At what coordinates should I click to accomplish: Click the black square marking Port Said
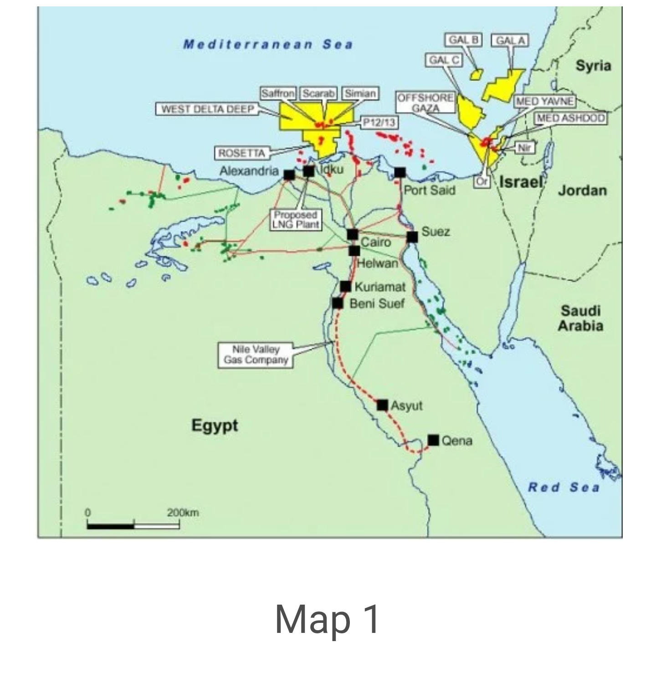[x=400, y=172]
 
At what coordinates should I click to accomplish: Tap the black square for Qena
[x=433, y=440]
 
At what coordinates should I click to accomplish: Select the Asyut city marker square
[x=382, y=405]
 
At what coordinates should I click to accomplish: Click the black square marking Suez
[x=412, y=237]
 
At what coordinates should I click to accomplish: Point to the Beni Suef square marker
[x=337, y=303]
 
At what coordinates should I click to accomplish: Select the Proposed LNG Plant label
[x=296, y=220]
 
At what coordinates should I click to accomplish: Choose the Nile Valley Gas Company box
[x=256, y=355]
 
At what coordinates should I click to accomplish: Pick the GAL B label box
[x=464, y=40]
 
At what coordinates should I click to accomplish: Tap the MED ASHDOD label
[x=571, y=118]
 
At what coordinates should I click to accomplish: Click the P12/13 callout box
[x=379, y=122]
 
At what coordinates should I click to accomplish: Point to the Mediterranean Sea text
[x=268, y=44]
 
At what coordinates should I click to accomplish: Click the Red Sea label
[x=564, y=488]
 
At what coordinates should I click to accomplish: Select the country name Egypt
[x=215, y=426]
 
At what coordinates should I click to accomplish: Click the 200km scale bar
[x=133, y=526]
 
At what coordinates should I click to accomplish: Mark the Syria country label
[x=593, y=66]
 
